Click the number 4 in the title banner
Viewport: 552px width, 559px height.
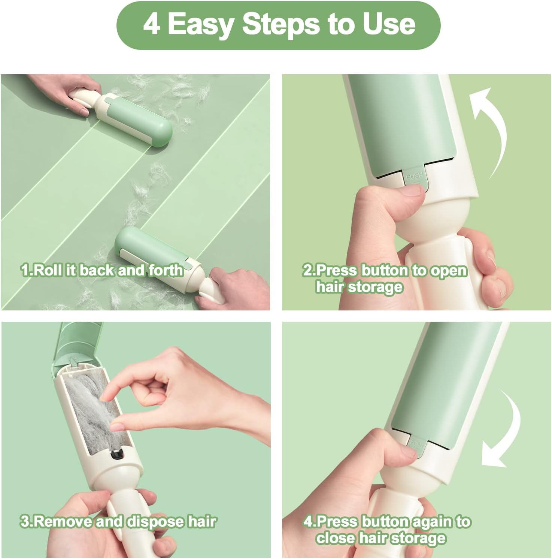point(152,24)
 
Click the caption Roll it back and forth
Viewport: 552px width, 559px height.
point(102,270)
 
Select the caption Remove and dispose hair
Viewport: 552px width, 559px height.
point(118,522)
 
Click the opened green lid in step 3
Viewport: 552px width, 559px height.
point(77,341)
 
